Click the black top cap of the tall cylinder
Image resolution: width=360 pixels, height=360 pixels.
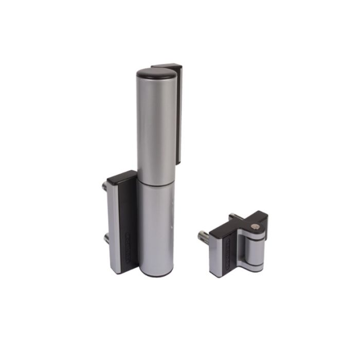click(x=157, y=73)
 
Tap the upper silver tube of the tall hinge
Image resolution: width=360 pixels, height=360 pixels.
click(x=156, y=129)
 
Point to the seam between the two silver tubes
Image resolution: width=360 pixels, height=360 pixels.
click(x=156, y=184)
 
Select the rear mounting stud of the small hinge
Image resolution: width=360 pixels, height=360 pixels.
click(x=232, y=217)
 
